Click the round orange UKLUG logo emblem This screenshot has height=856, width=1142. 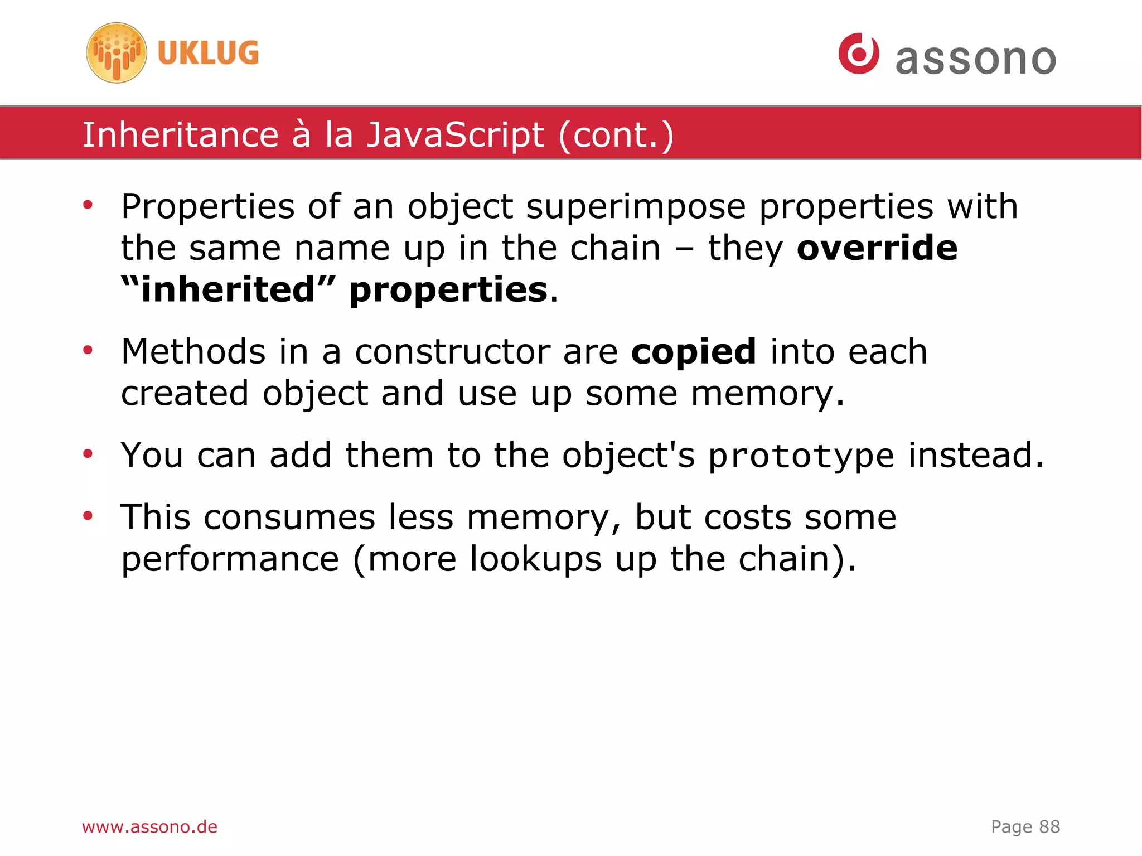point(117,53)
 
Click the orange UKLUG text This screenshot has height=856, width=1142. point(208,54)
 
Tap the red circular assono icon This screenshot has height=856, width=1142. point(858,54)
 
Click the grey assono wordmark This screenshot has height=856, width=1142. point(975,59)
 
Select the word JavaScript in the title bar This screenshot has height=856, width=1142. point(455,135)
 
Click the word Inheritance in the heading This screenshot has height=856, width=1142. point(180,135)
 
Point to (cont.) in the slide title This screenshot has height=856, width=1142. point(616,135)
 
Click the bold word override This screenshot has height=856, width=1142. point(877,248)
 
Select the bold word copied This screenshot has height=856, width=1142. point(693,351)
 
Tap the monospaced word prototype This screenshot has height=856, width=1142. point(801,456)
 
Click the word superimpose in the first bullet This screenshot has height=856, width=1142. point(635,206)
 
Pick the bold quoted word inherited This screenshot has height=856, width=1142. point(228,289)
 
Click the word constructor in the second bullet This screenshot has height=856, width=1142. point(452,352)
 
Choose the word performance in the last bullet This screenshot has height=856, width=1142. point(230,559)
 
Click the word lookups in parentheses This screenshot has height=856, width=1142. point(535,559)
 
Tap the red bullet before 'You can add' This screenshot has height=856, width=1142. point(88,454)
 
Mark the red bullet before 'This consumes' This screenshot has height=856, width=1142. point(88,516)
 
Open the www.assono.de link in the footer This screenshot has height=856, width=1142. point(149,826)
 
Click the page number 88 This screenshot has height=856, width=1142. point(1049,826)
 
